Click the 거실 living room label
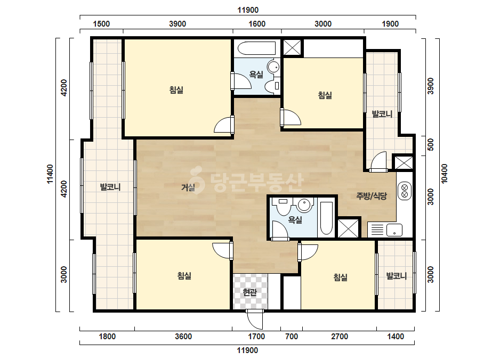(188, 187)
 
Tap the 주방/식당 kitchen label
(372, 196)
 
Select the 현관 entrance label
(250, 292)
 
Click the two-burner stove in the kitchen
(405, 191)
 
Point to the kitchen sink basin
(394, 230)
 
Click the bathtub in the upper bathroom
(256, 48)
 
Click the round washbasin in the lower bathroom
(304, 206)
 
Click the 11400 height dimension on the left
(50, 174)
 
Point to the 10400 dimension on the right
(444, 174)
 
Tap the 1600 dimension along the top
(257, 24)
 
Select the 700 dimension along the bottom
(292, 337)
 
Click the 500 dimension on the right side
(431, 144)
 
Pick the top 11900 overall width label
(248, 10)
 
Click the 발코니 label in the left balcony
(110, 187)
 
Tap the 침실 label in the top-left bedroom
(176, 90)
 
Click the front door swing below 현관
(254, 319)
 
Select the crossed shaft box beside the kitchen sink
(348, 228)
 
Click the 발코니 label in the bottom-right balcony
(396, 276)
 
